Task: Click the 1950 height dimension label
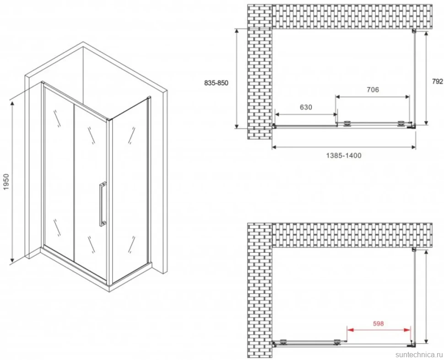(6, 182)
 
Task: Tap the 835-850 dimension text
(216, 83)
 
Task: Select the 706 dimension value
(373, 90)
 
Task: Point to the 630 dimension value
(306, 107)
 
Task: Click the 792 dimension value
(438, 82)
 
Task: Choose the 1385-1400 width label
(344, 156)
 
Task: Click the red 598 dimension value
(378, 323)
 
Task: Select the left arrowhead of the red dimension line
(350, 330)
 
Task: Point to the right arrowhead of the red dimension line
(407, 330)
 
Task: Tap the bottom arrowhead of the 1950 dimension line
(12, 259)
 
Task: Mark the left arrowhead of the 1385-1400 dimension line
(275, 147)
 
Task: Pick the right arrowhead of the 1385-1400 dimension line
(413, 147)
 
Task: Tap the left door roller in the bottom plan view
(283, 342)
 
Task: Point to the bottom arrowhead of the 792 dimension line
(426, 122)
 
